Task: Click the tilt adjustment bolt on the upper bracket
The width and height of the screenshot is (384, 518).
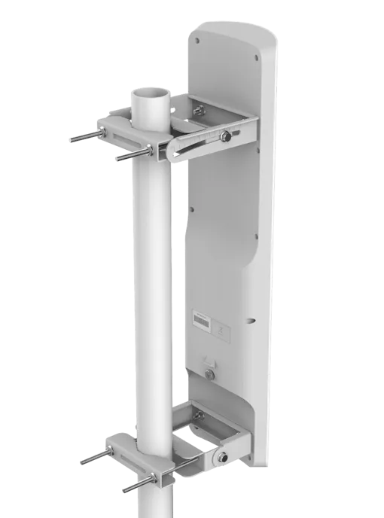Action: pos(226,136)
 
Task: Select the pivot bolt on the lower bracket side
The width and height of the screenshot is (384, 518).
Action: pos(224,456)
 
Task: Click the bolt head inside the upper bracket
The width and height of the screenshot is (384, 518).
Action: pos(199,111)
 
